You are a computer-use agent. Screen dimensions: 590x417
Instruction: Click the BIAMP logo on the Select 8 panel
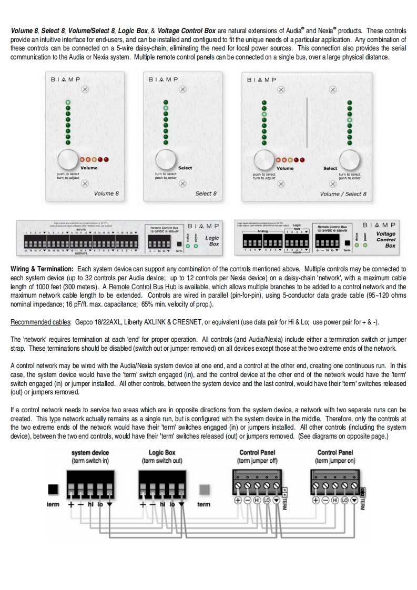coord(163,79)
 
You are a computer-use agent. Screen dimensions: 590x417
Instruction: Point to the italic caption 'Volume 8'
coord(106,194)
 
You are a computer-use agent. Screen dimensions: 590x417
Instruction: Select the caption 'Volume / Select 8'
coord(343,194)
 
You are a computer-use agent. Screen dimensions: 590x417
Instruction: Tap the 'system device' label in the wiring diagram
coord(90,453)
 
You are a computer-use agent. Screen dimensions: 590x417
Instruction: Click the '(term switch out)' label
coord(162,461)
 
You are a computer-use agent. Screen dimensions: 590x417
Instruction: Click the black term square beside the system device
coord(53,489)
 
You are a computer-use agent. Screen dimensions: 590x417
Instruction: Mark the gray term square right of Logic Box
coord(204,489)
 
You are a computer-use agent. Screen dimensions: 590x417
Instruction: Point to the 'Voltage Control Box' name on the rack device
coord(387,240)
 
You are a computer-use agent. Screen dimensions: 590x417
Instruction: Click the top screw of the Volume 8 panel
coord(85,89)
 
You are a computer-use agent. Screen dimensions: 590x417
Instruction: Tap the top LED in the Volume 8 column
coord(68,102)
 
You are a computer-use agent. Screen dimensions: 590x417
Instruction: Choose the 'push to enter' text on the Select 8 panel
coord(165,178)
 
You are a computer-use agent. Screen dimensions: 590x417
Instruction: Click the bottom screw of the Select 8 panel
coord(182,184)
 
